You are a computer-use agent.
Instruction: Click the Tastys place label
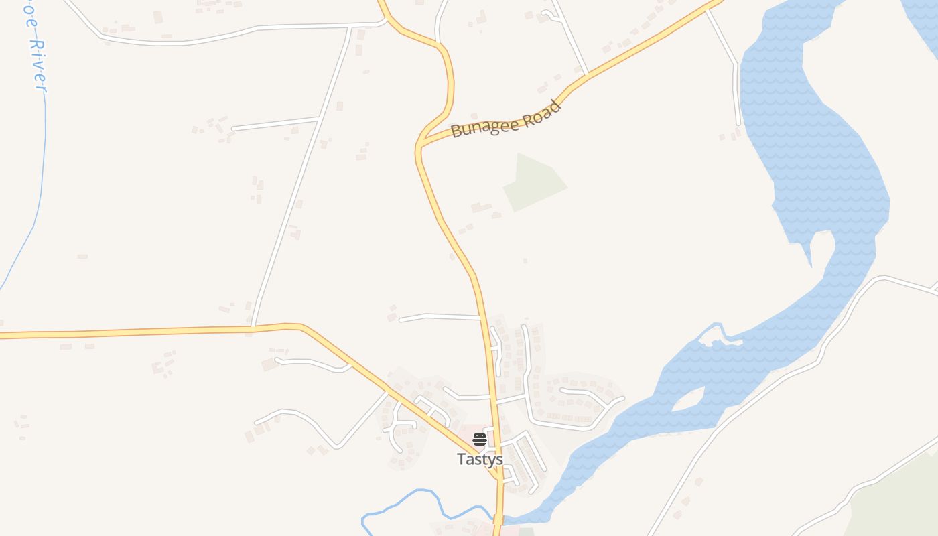[480, 459]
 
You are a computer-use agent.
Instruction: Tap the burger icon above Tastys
[480, 440]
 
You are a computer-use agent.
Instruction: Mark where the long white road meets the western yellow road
[253, 328]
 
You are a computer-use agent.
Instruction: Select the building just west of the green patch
[481, 208]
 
